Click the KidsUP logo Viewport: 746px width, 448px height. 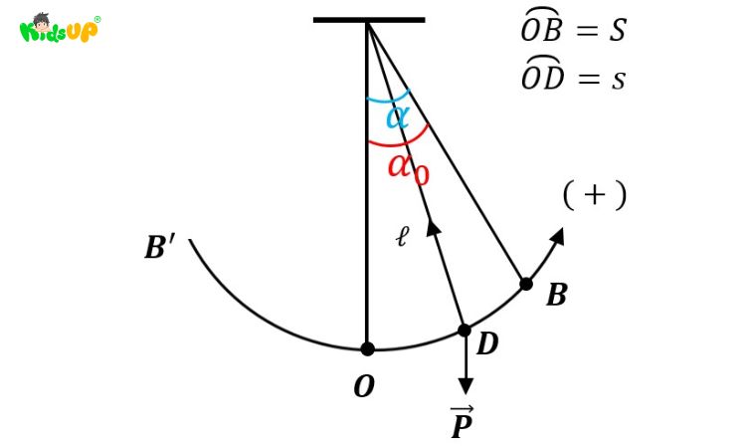[60, 28]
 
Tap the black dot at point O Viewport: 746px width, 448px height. [367, 349]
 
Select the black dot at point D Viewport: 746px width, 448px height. [465, 330]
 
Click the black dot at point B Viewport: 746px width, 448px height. [526, 284]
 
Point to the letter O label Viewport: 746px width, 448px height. [364, 386]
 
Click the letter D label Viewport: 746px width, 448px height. [487, 343]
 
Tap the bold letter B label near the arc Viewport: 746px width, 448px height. [557, 295]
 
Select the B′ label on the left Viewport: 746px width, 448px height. [159, 248]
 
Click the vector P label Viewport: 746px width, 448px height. [462, 422]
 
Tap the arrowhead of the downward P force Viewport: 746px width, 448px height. [466, 385]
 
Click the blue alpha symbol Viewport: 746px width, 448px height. [397, 116]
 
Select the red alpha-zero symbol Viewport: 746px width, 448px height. [408, 169]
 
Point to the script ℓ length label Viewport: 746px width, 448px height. [403, 237]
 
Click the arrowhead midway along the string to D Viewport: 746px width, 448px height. [434, 227]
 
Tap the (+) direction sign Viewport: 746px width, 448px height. [595, 195]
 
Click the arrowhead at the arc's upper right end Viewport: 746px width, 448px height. [557, 236]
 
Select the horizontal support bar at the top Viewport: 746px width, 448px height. [369, 20]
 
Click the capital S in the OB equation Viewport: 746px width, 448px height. [617, 30]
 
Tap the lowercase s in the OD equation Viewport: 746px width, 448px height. [618, 80]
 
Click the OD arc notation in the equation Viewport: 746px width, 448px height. [542, 73]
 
